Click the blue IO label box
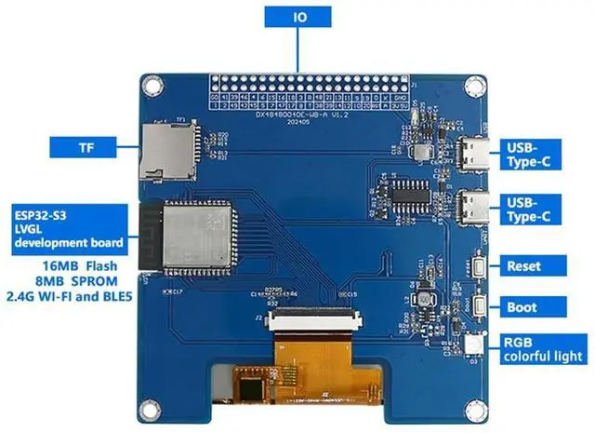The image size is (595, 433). click(297, 18)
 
